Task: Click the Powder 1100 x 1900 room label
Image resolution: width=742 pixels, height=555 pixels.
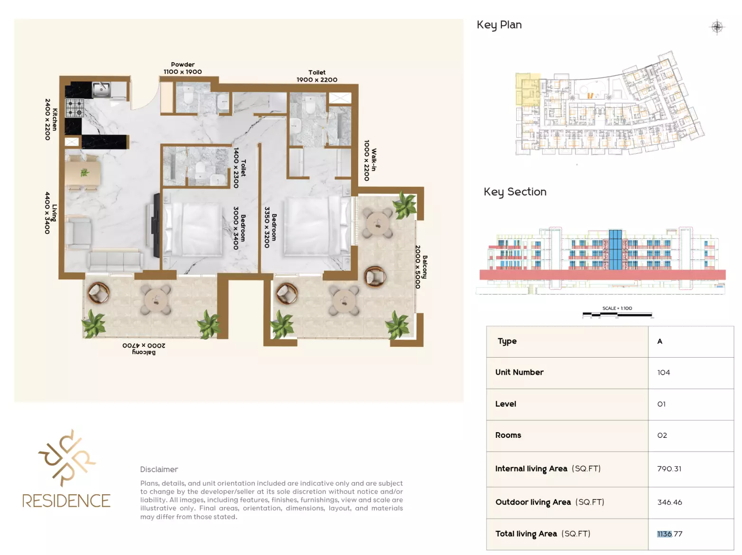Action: point(183,68)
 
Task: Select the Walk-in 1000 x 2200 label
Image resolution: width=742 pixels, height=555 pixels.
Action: point(370,160)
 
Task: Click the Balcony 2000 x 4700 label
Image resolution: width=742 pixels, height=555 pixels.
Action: point(144,349)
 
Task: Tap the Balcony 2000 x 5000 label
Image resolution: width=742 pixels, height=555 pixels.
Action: point(421,267)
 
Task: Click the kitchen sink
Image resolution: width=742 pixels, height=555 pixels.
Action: point(101,89)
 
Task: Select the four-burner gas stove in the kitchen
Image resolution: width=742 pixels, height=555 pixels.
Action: point(74,108)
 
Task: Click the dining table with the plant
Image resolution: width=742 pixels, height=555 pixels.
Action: point(83,173)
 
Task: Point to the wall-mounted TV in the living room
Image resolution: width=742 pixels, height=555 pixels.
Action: point(157,225)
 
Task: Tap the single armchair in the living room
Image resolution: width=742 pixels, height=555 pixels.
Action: point(78,233)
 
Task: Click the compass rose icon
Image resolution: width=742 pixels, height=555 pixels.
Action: point(717,27)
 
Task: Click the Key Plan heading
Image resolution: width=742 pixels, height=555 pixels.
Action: point(499,25)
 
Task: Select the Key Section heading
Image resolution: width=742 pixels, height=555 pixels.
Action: point(515,192)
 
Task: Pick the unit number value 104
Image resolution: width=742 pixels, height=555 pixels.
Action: point(663,372)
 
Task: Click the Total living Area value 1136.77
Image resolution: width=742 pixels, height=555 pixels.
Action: point(670,534)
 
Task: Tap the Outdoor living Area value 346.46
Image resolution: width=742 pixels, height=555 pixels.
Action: point(669,502)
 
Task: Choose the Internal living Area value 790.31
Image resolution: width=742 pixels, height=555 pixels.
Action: point(669,469)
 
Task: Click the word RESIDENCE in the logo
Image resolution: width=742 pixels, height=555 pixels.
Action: point(66,500)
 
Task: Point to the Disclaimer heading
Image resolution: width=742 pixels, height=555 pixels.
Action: point(159,470)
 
